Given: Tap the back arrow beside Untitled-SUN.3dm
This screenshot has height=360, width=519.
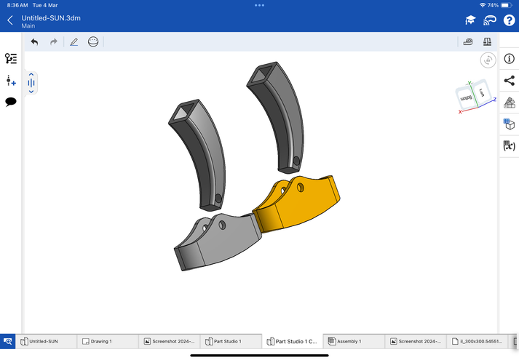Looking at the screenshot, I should pyautogui.click(x=10, y=20).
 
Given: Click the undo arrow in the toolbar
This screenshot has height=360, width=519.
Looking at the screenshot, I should pyautogui.click(x=34, y=42).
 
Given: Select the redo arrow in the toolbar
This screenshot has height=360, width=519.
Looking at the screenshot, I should pyautogui.click(x=54, y=42).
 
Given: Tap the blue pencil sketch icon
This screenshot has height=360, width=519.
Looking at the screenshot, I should pyautogui.click(x=74, y=42).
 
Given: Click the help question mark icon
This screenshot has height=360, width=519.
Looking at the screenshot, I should pyautogui.click(x=509, y=20).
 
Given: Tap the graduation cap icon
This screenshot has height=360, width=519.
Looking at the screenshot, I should pyautogui.click(x=470, y=20).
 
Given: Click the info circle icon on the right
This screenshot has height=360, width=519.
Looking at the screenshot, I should pyautogui.click(x=509, y=59).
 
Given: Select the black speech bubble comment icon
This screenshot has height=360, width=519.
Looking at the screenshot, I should pyautogui.click(x=11, y=103).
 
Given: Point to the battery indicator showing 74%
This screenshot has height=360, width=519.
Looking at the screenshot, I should pyautogui.click(x=507, y=5).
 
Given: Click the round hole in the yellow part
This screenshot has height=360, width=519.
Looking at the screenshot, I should pyautogui.click(x=300, y=188).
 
